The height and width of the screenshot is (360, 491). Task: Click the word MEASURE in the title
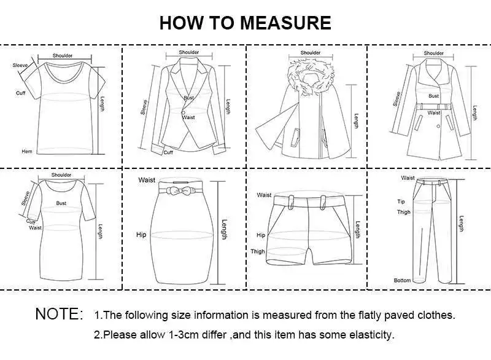click(285, 23)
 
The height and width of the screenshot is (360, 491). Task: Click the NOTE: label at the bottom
click(59, 314)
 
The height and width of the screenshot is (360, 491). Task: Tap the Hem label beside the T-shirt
click(26, 151)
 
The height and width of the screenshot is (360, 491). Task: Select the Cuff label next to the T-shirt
click(20, 93)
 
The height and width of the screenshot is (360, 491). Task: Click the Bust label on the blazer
click(188, 98)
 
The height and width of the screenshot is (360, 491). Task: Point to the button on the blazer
click(182, 111)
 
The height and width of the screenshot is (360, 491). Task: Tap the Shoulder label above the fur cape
click(311, 53)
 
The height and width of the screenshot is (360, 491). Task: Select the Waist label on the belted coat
click(434, 113)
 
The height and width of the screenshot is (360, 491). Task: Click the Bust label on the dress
click(61, 203)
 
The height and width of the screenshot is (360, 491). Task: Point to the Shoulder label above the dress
click(61, 175)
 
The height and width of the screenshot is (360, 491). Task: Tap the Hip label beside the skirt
click(141, 235)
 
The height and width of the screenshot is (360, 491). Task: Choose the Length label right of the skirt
click(225, 229)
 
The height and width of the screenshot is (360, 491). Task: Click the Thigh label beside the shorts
click(258, 251)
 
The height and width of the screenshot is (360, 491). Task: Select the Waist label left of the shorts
click(264, 195)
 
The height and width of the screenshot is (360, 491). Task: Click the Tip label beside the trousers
click(401, 202)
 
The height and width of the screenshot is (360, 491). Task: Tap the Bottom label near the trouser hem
click(403, 280)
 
